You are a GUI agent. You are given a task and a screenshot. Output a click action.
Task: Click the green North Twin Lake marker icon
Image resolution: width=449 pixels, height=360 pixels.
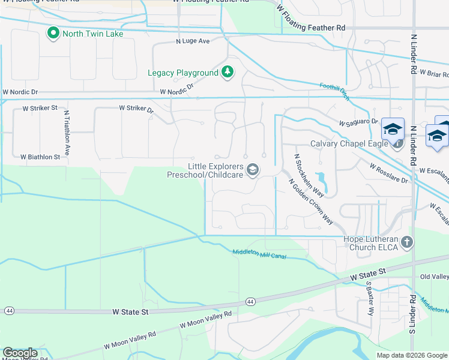coord(53,33)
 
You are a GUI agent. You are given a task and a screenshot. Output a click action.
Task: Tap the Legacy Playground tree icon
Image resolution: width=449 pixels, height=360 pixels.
coord(228,73)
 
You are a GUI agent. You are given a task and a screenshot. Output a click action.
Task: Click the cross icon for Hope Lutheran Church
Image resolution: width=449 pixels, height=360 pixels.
coord(407,242)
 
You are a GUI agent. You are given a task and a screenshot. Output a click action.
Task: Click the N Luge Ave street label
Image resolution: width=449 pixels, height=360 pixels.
coord(193,41)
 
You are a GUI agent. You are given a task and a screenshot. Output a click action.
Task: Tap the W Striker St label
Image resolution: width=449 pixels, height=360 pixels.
coord(40,109)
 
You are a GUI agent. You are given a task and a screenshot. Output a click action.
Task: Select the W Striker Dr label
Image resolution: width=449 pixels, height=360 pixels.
coord(136,109)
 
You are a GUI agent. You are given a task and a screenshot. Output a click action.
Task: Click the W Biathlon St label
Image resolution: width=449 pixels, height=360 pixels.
coord(40,157)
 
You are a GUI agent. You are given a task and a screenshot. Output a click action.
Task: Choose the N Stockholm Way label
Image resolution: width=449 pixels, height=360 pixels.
coord(309,175)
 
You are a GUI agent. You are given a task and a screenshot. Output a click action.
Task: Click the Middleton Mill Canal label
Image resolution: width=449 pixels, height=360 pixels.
coord(259,254)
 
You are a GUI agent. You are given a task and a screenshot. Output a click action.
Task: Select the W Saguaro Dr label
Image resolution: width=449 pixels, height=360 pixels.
coord(358,122)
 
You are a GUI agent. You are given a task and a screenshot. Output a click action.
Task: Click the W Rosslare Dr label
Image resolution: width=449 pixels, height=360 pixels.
coord(388,173)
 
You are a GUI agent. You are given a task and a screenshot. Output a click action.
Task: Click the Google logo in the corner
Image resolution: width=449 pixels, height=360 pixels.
coord(20,353)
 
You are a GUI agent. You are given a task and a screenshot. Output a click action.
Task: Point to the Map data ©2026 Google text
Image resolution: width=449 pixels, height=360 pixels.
coord(412,355)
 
